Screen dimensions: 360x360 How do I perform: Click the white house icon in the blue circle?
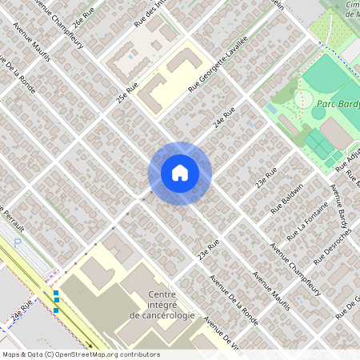tap(179, 173)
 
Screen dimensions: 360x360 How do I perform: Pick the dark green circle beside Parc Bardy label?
tap(318, 113)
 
